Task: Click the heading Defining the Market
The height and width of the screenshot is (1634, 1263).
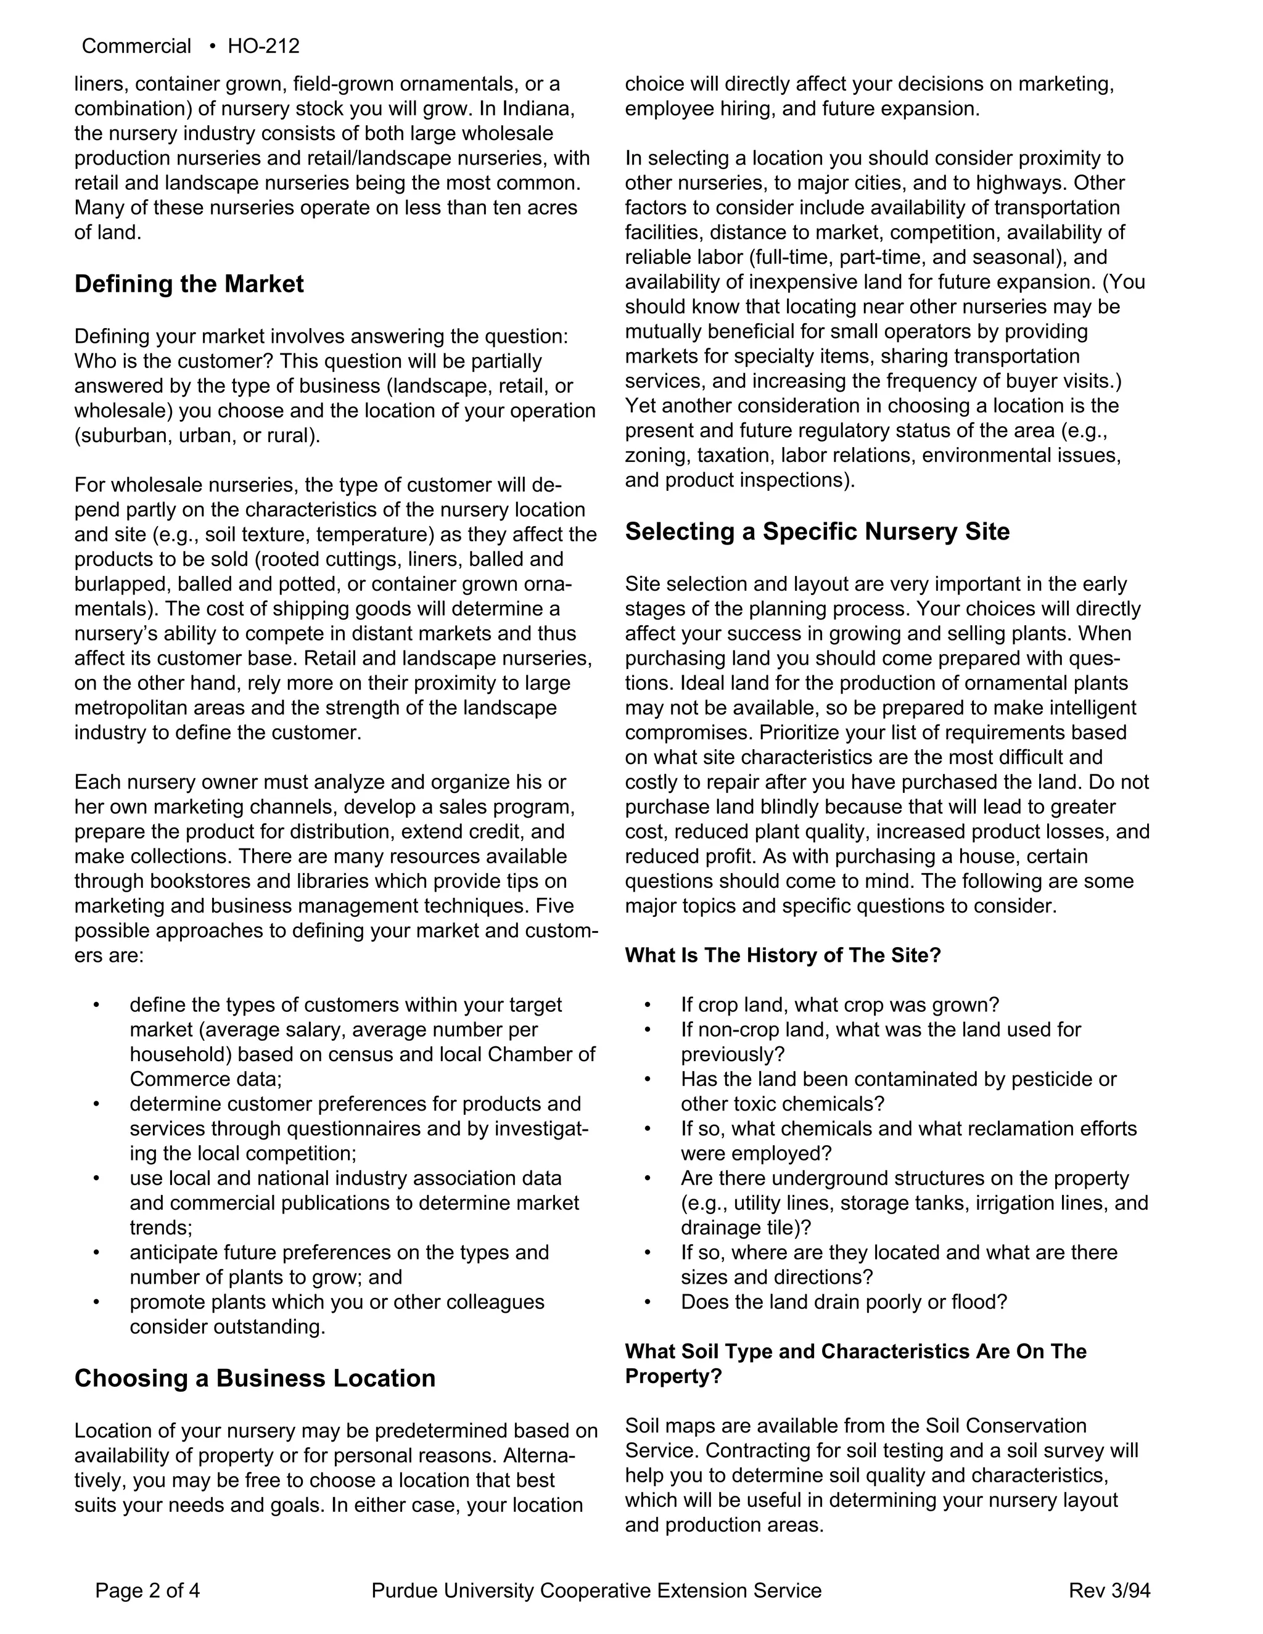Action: point(189,284)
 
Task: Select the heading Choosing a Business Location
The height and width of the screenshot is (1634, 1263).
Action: point(255,1378)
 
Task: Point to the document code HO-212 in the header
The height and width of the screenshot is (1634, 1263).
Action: point(263,46)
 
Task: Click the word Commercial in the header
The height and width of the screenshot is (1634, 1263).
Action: point(136,46)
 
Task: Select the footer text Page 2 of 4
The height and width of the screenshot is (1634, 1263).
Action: point(147,1590)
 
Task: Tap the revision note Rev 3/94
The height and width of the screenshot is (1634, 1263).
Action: point(1109,1590)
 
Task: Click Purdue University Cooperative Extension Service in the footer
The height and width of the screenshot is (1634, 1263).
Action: point(596,1590)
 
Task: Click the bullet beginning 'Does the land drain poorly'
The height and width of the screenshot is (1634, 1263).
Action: point(843,1302)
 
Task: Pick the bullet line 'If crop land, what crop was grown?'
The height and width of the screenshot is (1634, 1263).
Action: point(839,1005)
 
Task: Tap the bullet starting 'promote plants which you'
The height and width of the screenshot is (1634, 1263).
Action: point(337,1302)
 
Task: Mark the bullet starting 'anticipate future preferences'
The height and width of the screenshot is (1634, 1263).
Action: point(339,1252)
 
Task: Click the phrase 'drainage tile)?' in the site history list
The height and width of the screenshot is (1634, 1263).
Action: point(746,1228)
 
